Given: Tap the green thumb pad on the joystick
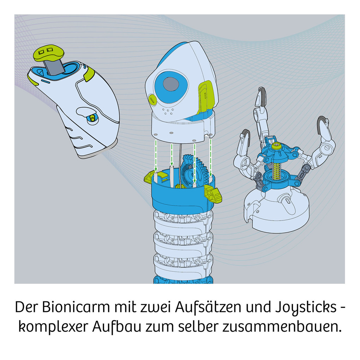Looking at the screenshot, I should click(x=48, y=53).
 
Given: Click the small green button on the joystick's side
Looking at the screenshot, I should click(x=92, y=119).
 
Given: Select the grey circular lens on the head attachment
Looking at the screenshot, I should click(x=171, y=84).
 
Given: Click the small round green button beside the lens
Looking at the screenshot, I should click(x=152, y=100).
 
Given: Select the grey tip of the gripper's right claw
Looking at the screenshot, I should click(x=322, y=122).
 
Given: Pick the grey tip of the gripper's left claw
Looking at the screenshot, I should click(x=245, y=135).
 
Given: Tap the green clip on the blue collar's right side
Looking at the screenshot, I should click(x=214, y=193).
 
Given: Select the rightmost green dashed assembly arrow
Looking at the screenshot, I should click(x=210, y=155).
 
